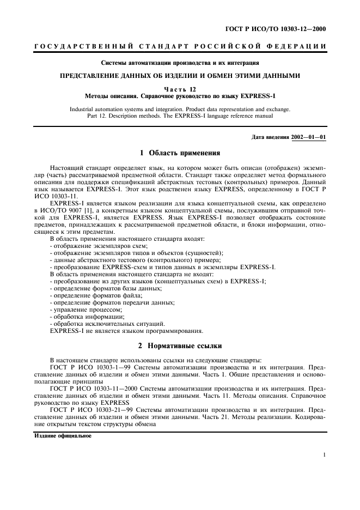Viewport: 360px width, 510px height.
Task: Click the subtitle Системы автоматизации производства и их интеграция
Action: tap(180, 64)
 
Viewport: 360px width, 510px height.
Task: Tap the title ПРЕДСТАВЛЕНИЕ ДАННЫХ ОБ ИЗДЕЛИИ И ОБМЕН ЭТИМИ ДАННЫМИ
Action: tap(180, 77)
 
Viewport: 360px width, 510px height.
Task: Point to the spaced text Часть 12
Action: tap(180, 89)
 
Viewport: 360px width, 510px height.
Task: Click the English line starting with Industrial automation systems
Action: tap(180, 109)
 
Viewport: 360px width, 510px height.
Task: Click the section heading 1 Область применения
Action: tap(180, 153)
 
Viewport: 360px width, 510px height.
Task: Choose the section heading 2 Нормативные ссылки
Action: tap(180, 345)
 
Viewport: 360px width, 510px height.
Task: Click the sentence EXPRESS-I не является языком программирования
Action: tap(126, 330)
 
